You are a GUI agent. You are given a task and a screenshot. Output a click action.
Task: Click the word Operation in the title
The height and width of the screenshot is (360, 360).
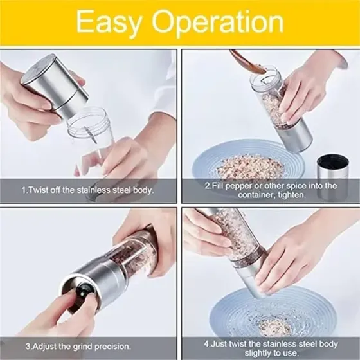218,22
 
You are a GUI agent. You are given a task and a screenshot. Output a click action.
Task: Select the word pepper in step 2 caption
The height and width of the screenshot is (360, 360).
238,186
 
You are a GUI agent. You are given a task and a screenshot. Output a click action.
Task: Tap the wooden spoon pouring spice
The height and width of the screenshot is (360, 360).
248,62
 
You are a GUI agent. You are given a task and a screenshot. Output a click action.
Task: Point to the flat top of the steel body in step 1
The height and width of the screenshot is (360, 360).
38,67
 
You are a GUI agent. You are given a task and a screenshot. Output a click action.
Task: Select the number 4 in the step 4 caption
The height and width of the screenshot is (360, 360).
206,344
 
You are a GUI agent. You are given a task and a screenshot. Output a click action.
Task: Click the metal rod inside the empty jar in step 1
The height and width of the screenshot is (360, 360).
91,135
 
